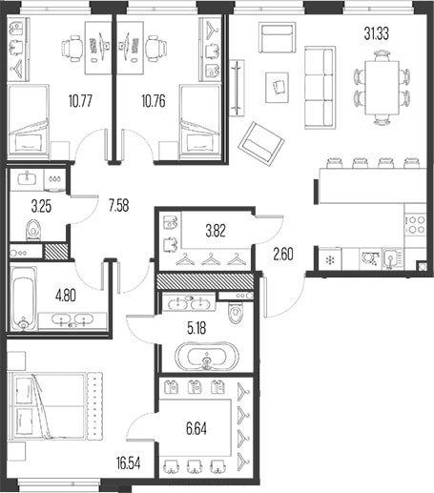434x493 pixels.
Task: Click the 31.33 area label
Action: [377, 33]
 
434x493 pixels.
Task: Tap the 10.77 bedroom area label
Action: [80, 101]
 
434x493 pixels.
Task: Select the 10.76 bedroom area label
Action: [154, 101]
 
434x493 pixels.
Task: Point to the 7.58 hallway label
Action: [118, 205]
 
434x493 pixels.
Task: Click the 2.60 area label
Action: [283, 254]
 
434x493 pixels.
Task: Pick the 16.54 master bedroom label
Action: [129, 463]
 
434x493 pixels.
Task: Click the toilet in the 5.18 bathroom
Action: [236, 312]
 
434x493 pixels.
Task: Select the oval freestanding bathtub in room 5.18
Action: [207, 356]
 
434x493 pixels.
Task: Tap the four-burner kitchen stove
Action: [416, 224]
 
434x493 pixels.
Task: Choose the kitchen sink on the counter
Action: [391, 259]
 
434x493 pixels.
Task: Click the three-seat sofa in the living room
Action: [320, 88]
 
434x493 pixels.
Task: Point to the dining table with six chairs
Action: [382, 88]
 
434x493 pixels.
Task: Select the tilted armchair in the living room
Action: [261, 144]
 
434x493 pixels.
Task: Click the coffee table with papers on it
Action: [278, 88]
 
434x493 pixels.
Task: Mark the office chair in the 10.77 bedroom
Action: [72, 49]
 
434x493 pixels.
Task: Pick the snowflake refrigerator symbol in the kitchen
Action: [330, 260]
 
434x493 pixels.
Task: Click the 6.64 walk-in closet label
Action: [196, 428]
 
